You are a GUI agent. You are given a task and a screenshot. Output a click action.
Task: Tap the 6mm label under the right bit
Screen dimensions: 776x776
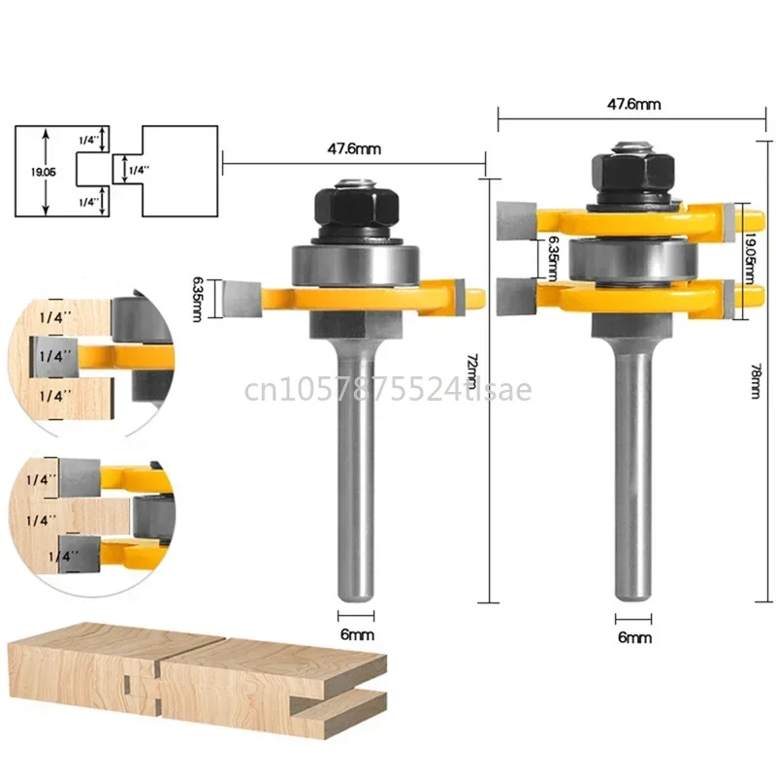634,637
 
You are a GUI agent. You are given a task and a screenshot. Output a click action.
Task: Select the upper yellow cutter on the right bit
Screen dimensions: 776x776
621,215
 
